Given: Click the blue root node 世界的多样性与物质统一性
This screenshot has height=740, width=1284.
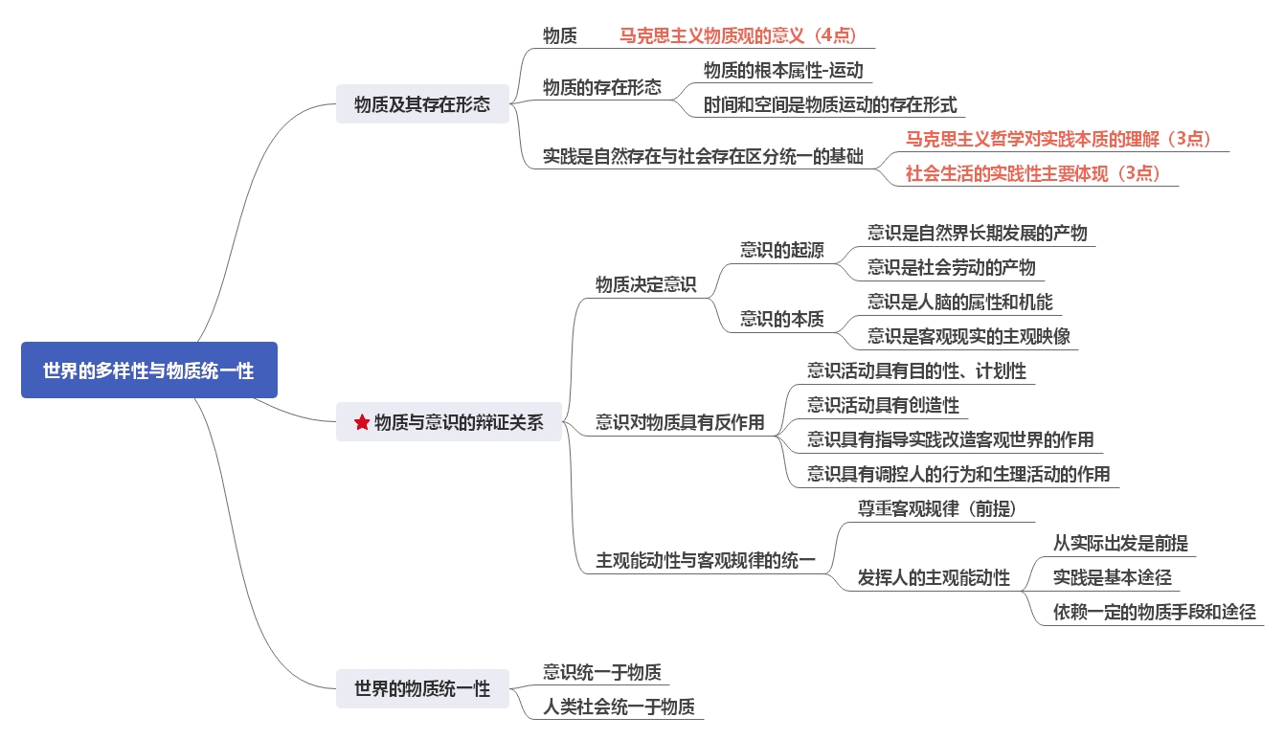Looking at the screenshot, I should tap(148, 370).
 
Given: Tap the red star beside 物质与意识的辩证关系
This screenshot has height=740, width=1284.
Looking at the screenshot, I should tap(362, 422).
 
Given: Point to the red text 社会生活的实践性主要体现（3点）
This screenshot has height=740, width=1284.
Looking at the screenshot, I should tap(1033, 173).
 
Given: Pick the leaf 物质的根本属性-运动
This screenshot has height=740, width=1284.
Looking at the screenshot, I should tap(783, 70).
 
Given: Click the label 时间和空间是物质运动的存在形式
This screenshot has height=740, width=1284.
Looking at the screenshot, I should tap(829, 104).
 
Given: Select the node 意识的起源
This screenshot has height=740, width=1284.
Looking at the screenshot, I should tap(781, 250).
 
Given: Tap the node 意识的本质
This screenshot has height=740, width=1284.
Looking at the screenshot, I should tap(781, 319).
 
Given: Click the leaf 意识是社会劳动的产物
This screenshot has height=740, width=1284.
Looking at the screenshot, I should tap(951, 267).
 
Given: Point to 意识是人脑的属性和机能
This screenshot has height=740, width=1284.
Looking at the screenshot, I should tap(959, 302).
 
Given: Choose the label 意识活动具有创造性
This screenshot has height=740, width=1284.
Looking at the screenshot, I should tap(883, 405).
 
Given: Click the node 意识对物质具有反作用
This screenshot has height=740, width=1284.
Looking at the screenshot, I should tap(680, 422).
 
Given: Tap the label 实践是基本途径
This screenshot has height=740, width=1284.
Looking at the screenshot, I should tap(1112, 577).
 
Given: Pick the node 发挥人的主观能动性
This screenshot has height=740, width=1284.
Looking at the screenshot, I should tap(934, 577).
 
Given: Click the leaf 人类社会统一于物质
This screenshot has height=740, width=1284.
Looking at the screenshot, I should tap(619, 707).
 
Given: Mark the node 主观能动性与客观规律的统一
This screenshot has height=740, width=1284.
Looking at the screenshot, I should tap(706, 561).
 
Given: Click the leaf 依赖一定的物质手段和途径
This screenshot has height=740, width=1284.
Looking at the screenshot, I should tap(1154, 612).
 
